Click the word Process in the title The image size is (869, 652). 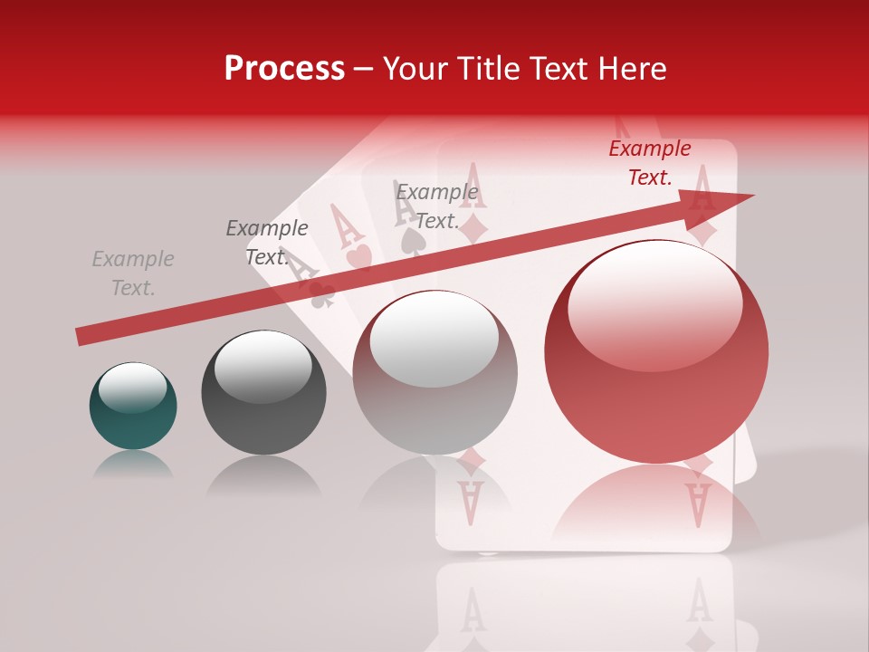[x=284, y=69]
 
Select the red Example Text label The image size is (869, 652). [x=650, y=163]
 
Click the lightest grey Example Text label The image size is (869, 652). [x=133, y=273]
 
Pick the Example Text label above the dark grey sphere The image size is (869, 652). [x=266, y=243]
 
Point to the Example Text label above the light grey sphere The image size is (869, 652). [x=437, y=206]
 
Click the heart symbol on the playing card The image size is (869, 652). [x=359, y=258]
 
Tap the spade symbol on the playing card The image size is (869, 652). [x=412, y=238]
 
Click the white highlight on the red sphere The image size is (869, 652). [x=654, y=303]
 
